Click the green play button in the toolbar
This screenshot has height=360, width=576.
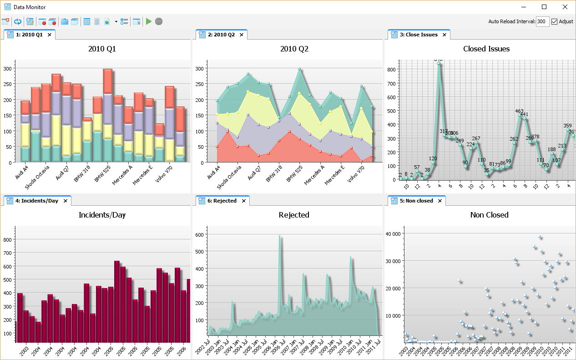coord(148,21)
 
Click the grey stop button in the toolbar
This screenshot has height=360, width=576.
coord(159,21)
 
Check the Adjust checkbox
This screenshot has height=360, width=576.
coord(554,21)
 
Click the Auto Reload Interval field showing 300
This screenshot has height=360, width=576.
coord(542,21)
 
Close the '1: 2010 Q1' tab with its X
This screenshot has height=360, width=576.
coord(50,35)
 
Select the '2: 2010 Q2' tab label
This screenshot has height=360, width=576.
coord(221,35)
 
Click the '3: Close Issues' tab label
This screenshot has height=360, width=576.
coord(421,35)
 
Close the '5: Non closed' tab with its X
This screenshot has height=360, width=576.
coord(440,201)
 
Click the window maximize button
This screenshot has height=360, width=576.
coord(544,7)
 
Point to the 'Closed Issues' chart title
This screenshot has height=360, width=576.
coord(486,49)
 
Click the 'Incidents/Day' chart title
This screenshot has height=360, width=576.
coord(102,215)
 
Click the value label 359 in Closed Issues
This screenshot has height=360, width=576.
coord(567,126)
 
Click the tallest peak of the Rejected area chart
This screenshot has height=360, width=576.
coord(279,236)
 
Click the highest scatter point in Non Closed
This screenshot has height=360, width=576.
coord(539,237)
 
